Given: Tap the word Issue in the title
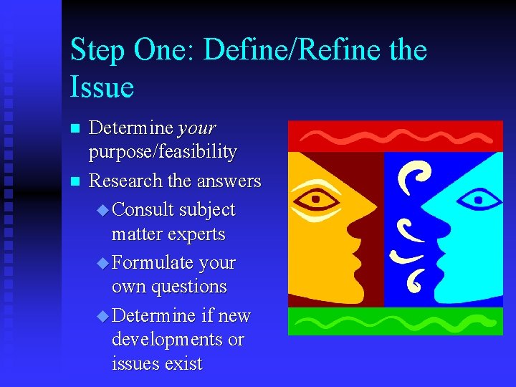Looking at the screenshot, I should point(102,87).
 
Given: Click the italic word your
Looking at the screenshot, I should point(196,128).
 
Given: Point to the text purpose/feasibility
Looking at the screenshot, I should point(163,152).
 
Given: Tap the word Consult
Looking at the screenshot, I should point(143,210).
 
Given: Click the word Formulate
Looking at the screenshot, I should point(153,263).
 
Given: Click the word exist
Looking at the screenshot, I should point(184,363).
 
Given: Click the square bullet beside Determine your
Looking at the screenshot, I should point(74,130).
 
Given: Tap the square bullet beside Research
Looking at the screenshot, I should point(74,182).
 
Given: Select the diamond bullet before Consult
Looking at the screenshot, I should point(103,211).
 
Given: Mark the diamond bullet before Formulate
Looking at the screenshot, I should point(103,264).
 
